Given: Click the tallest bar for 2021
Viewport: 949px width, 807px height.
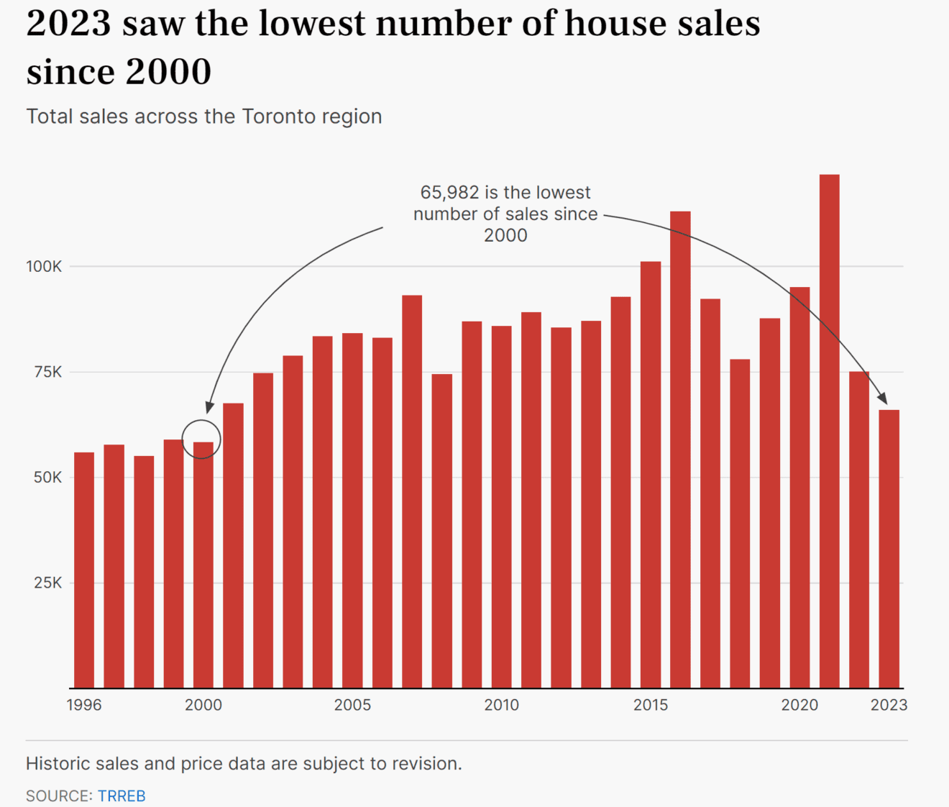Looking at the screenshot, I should [829, 432].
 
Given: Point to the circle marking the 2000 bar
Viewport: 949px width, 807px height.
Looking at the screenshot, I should [201, 439].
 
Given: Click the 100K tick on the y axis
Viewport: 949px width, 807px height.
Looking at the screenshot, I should [45, 267].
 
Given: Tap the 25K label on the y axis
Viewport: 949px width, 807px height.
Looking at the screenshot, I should [48, 583].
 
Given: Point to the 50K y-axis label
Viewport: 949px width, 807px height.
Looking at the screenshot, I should [48, 478].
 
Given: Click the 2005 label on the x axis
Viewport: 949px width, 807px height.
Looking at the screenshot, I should [352, 705].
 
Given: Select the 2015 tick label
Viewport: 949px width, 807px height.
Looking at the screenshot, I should [651, 705].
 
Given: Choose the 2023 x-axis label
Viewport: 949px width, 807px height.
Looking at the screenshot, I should [889, 705].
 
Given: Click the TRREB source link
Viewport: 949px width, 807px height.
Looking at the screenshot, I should [122, 796].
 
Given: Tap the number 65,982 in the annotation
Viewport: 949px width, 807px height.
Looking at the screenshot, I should [449, 193].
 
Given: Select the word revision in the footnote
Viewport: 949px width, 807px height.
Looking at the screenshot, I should [427, 763].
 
